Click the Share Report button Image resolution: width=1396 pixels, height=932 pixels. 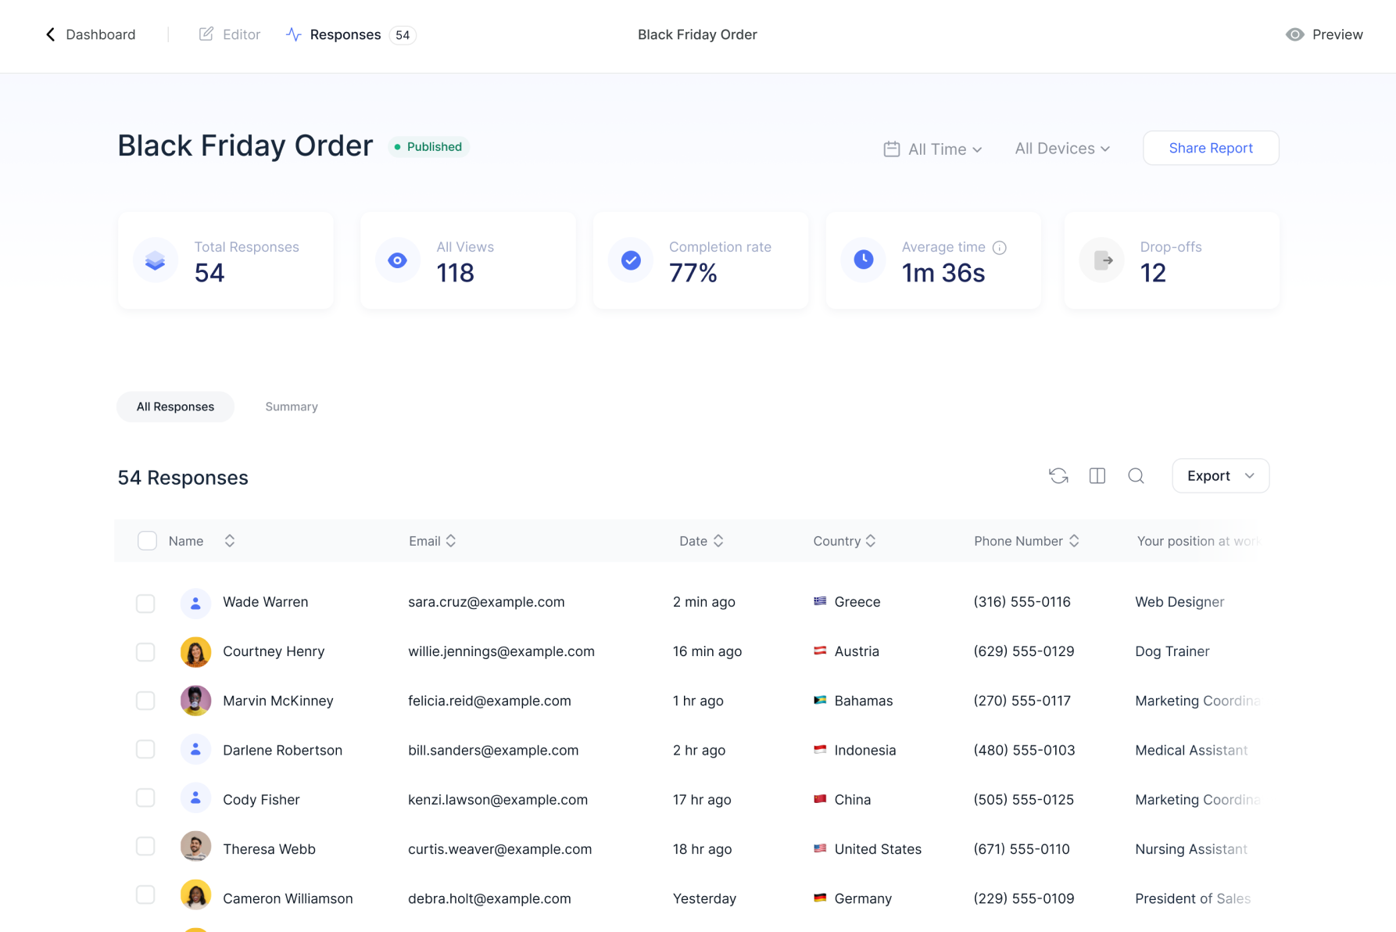(1210, 148)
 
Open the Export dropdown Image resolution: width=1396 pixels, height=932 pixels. (1220, 475)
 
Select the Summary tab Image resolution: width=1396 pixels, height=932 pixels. (292, 407)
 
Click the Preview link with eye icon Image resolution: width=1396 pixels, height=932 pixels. (1324, 34)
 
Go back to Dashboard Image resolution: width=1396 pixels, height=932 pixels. (90, 34)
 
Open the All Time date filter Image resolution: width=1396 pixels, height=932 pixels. (932, 149)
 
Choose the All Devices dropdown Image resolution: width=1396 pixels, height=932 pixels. (1062, 149)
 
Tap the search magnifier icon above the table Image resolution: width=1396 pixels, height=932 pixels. (1136, 475)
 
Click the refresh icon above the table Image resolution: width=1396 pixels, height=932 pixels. (1058, 475)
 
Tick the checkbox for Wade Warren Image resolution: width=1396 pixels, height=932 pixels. (145, 603)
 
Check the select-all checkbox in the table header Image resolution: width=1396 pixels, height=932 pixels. (147, 540)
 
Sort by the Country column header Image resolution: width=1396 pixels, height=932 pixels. (844, 541)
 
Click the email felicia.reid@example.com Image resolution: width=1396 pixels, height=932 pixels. (489, 701)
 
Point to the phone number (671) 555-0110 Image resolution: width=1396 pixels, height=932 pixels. (1022, 849)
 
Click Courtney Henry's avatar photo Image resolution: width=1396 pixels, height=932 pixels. (195, 652)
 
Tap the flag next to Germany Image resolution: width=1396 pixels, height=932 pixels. (820, 898)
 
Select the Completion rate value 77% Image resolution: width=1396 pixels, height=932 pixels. (693, 273)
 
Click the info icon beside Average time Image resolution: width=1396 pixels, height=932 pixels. (999, 248)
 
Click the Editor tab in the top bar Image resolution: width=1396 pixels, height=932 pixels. (229, 34)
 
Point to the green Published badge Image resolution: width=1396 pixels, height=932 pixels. (428, 147)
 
